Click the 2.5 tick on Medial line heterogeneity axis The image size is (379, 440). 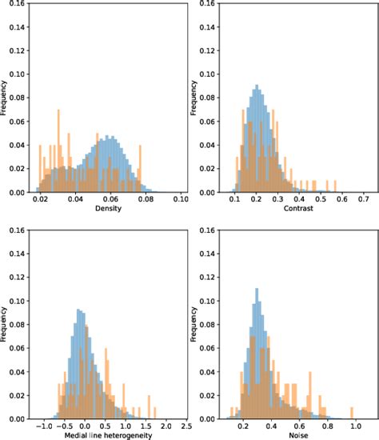(x=184, y=426)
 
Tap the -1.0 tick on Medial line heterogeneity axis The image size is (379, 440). (x=48, y=426)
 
